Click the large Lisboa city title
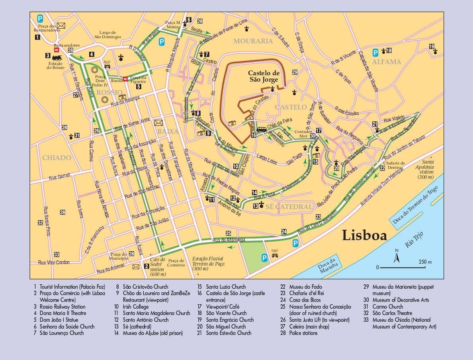pyautogui.click(x=364, y=235)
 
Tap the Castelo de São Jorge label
pyautogui.click(x=264, y=76)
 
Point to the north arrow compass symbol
pyautogui.click(x=396, y=256)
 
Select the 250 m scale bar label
pyautogui.click(x=425, y=262)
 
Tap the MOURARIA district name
pyautogui.click(x=253, y=41)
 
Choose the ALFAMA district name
pyautogui.click(x=386, y=62)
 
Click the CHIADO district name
pyautogui.click(x=57, y=158)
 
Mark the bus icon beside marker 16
pyautogui.click(x=262, y=129)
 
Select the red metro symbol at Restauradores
pyautogui.click(x=57, y=50)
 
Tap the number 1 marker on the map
pyautogui.click(x=37, y=37)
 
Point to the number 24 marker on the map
pyautogui.click(x=284, y=231)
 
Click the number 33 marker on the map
pyautogui.click(x=57, y=254)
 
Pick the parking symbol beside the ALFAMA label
pyautogui.click(x=375, y=52)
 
